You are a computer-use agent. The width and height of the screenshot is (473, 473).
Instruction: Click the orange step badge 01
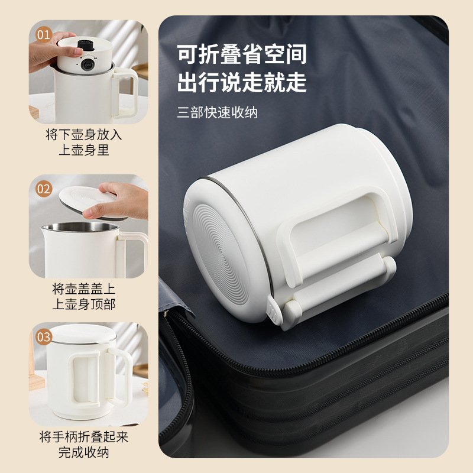44,34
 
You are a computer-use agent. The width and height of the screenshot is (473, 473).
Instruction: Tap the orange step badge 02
44,189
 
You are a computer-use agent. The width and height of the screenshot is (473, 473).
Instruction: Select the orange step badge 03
44,338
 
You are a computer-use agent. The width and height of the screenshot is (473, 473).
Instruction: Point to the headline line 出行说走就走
242,82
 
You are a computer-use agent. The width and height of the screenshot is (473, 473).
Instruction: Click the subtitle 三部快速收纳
218,112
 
